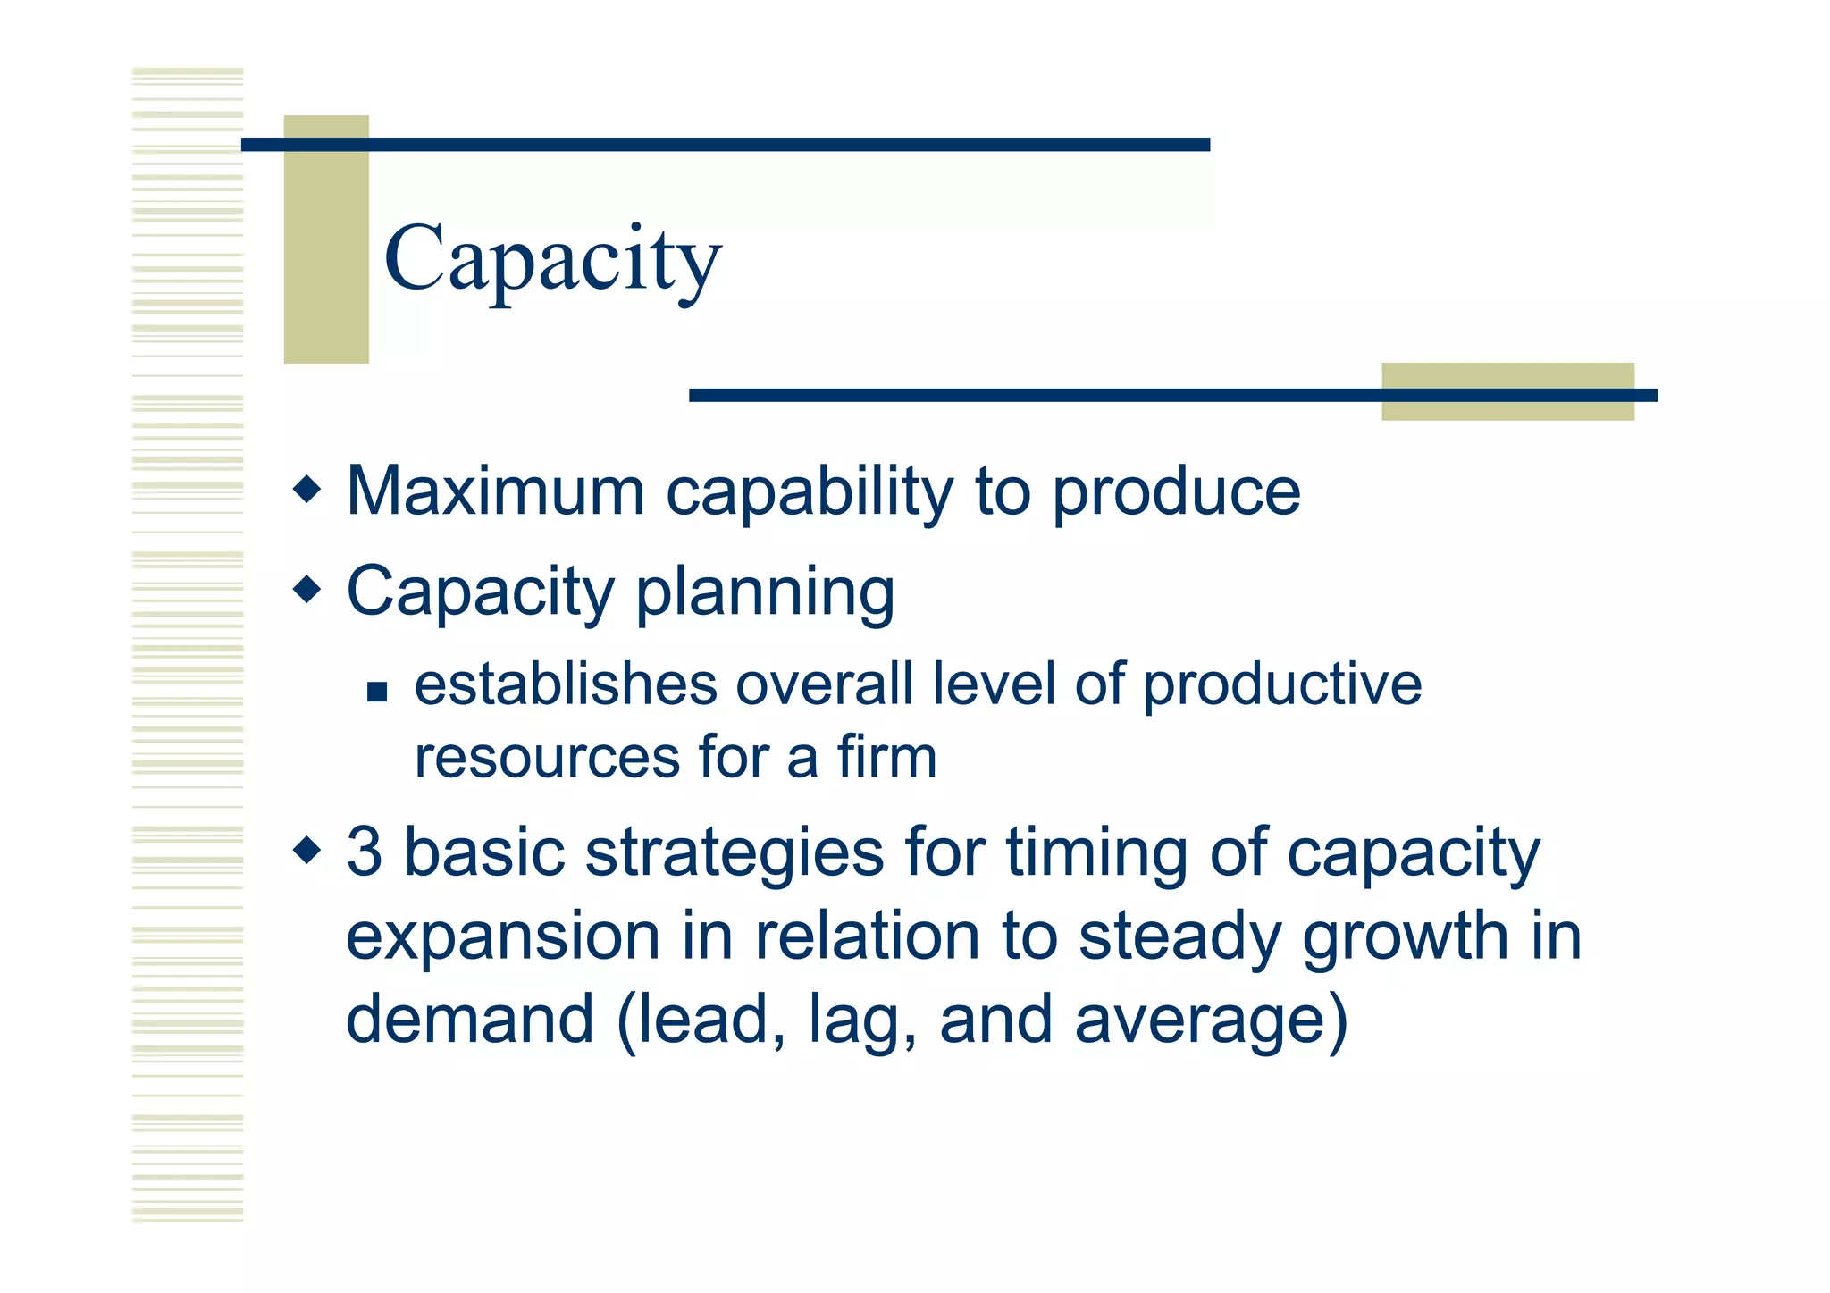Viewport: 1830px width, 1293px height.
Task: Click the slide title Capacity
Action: tap(552, 259)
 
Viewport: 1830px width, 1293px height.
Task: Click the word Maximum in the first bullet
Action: tap(495, 491)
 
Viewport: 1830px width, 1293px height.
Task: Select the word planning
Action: tap(765, 593)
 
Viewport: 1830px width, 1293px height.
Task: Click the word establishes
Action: tap(566, 684)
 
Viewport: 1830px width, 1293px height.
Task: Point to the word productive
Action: tap(1282, 686)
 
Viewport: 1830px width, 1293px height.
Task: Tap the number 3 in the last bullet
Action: tap(365, 852)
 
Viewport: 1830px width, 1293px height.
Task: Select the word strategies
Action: tap(734, 853)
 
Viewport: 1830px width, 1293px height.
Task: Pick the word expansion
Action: tap(503, 936)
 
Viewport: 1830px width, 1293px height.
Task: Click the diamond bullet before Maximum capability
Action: tap(306, 489)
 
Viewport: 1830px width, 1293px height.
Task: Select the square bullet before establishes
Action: tap(377, 692)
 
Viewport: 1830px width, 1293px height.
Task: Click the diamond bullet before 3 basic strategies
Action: tap(306, 849)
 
